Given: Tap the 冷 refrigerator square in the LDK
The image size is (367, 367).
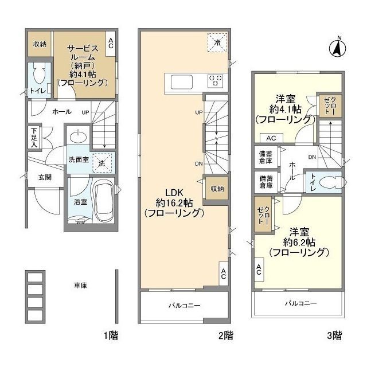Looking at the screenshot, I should [x=217, y=41].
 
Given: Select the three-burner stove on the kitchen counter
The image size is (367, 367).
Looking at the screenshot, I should [x=216, y=81].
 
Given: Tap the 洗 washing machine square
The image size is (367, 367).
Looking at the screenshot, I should [x=102, y=162].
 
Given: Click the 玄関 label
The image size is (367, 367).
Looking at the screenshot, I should [x=46, y=177].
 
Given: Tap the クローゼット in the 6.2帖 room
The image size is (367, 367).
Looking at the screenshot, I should [x=264, y=214].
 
